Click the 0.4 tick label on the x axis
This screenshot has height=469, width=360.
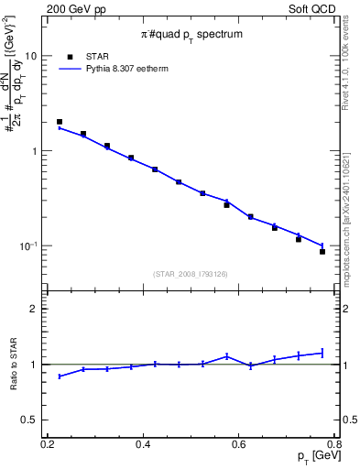[x=143, y=445]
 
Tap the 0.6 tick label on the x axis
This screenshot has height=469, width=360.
[x=239, y=445]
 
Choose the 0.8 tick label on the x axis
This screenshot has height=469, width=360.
[x=334, y=445]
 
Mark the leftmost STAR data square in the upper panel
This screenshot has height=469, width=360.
[x=60, y=122]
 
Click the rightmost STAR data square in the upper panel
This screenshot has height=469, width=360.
[x=322, y=251]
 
